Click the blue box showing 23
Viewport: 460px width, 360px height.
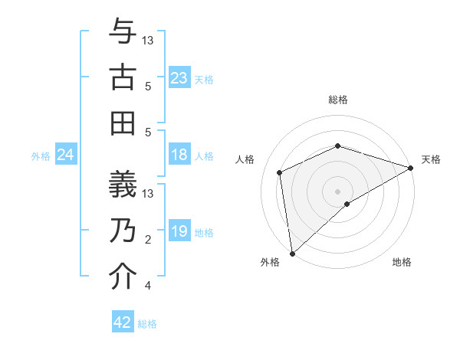[179, 78]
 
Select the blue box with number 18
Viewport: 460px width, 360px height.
[179, 155]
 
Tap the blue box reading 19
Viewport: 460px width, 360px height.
[179, 232]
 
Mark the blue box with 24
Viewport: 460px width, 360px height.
[65, 155]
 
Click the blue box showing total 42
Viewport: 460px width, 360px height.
[123, 322]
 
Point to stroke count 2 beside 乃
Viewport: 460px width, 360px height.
[148, 240]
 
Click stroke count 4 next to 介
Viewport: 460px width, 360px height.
[148, 286]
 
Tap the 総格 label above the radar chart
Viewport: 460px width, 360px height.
[338, 100]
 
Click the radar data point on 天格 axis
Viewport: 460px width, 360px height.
[411, 168]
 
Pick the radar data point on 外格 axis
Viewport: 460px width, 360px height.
[292, 254]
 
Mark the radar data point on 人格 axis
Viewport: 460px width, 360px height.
[280, 172]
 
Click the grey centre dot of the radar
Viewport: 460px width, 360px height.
[338, 191]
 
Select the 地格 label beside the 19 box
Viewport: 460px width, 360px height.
[204, 233]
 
